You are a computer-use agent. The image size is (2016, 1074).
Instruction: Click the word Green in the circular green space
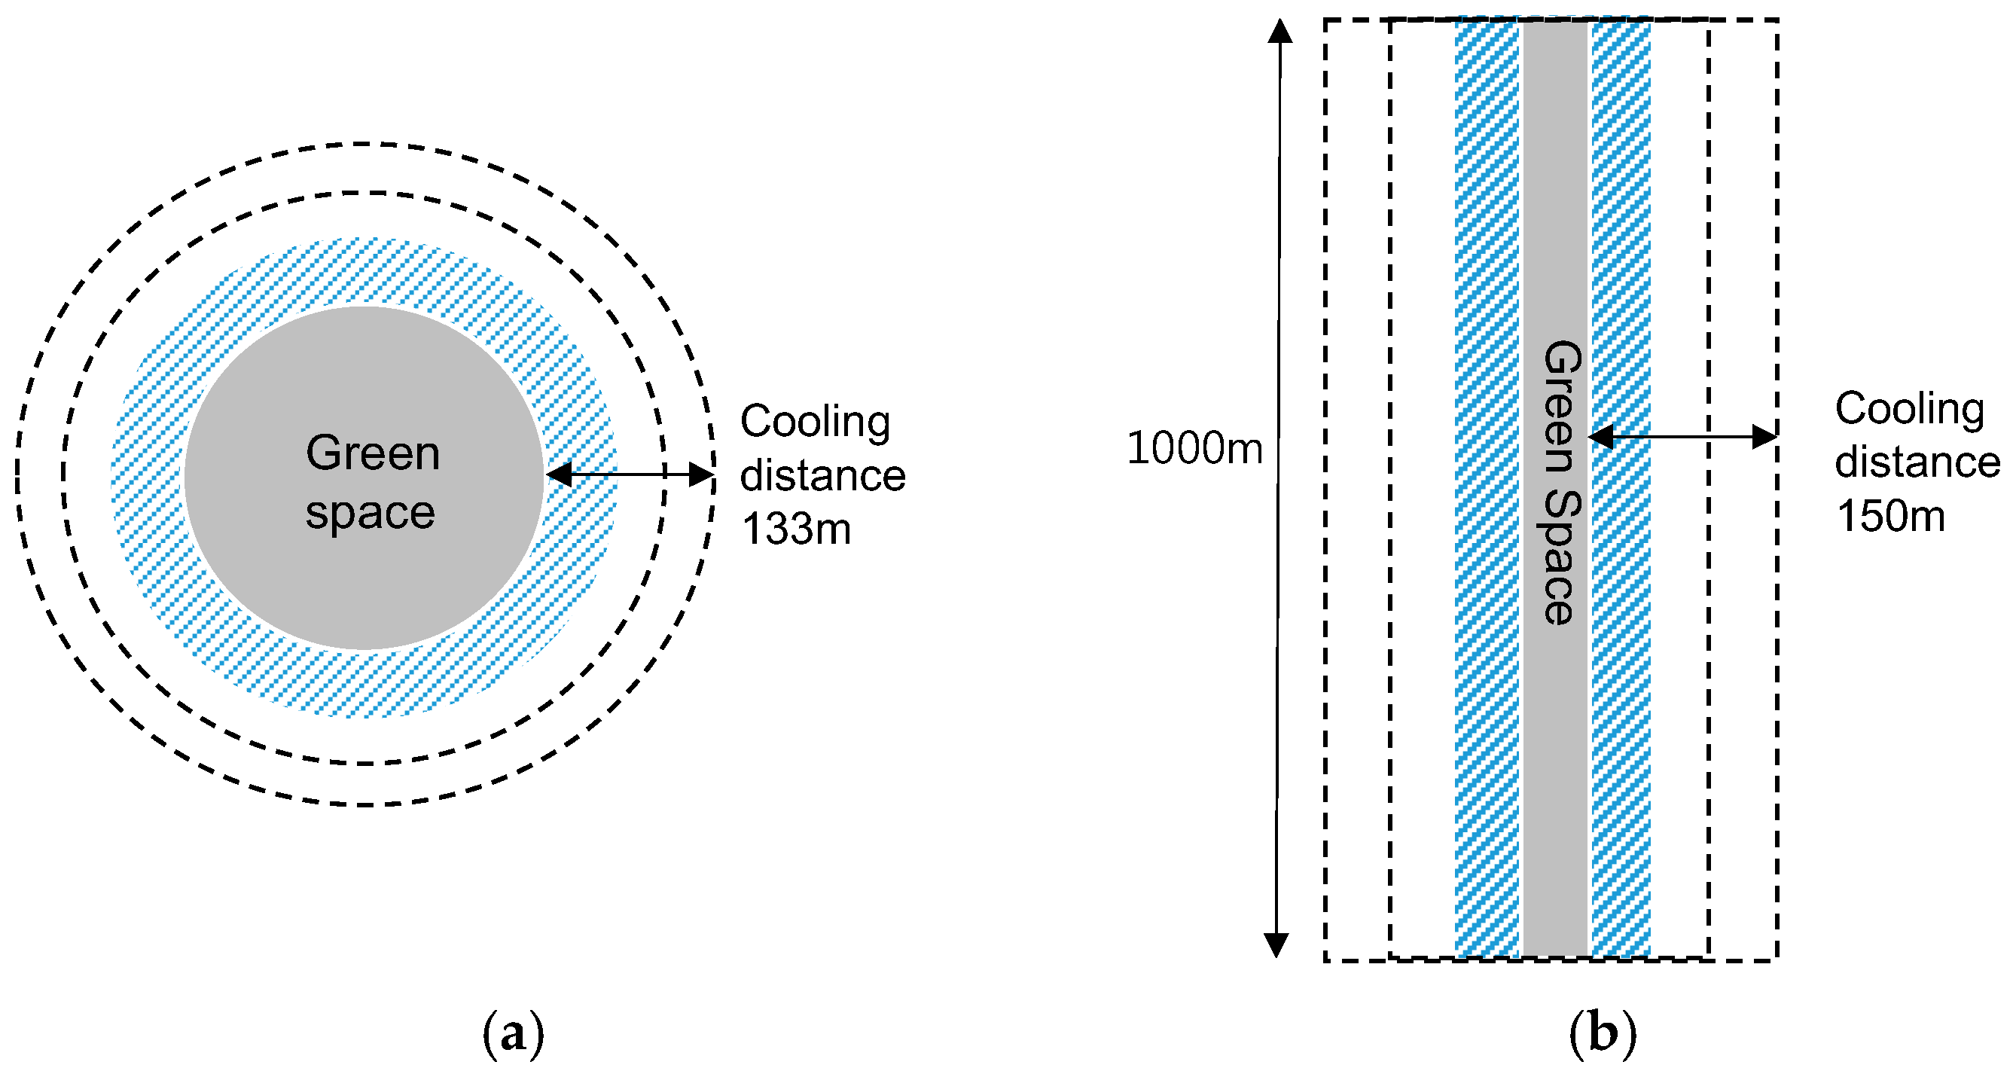tap(373, 453)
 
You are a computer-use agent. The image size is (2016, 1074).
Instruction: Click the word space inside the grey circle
tap(371, 514)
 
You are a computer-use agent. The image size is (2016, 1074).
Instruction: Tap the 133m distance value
tap(796, 529)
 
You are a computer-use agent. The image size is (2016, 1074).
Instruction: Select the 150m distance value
tap(1890, 517)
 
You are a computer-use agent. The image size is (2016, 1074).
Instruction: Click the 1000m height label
tap(1194, 450)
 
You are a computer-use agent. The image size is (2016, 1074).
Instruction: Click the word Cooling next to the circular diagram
tap(815, 422)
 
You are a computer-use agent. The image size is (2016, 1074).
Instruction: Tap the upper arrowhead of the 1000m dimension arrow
tap(1279, 32)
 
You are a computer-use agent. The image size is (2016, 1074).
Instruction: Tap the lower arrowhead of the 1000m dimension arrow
tap(1276, 946)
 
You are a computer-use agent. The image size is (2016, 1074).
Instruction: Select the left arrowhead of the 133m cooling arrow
tap(558, 474)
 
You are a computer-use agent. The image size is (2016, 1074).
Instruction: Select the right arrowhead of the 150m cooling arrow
tap(1764, 437)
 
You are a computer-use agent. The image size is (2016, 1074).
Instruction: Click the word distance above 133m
tap(822, 476)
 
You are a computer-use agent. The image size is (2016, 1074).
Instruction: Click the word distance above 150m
tap(1917, 462)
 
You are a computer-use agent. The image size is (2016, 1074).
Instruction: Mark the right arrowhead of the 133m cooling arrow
tap(701, 474)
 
